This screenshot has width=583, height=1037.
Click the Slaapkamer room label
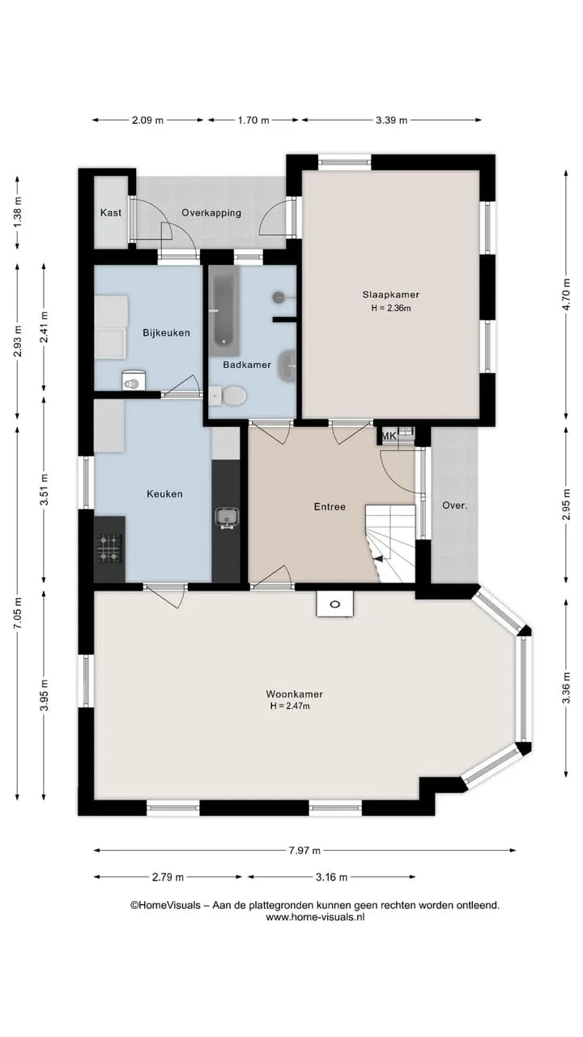[391, 294]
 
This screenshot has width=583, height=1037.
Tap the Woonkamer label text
[294, 694]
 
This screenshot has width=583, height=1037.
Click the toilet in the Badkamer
[228, 396]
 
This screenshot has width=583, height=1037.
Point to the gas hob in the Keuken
[109, 548]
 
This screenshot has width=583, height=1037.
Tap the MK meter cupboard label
[388, 436]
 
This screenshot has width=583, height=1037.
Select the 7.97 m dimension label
[304, 850]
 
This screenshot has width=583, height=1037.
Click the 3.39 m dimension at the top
[391, 121]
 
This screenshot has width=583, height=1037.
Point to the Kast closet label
[111, 212]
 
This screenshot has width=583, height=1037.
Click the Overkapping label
[211, 213]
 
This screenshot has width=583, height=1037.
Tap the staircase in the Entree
[390, 544]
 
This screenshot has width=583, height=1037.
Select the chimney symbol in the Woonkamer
[335, 604]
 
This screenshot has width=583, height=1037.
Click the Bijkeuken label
[166, 333]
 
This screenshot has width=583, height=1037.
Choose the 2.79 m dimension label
[168, 877]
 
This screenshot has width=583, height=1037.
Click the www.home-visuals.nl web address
[315, 916]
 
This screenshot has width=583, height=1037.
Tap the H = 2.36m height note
[391, 308]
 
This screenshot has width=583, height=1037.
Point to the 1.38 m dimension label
[18, 212]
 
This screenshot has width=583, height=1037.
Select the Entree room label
[330, 507]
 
